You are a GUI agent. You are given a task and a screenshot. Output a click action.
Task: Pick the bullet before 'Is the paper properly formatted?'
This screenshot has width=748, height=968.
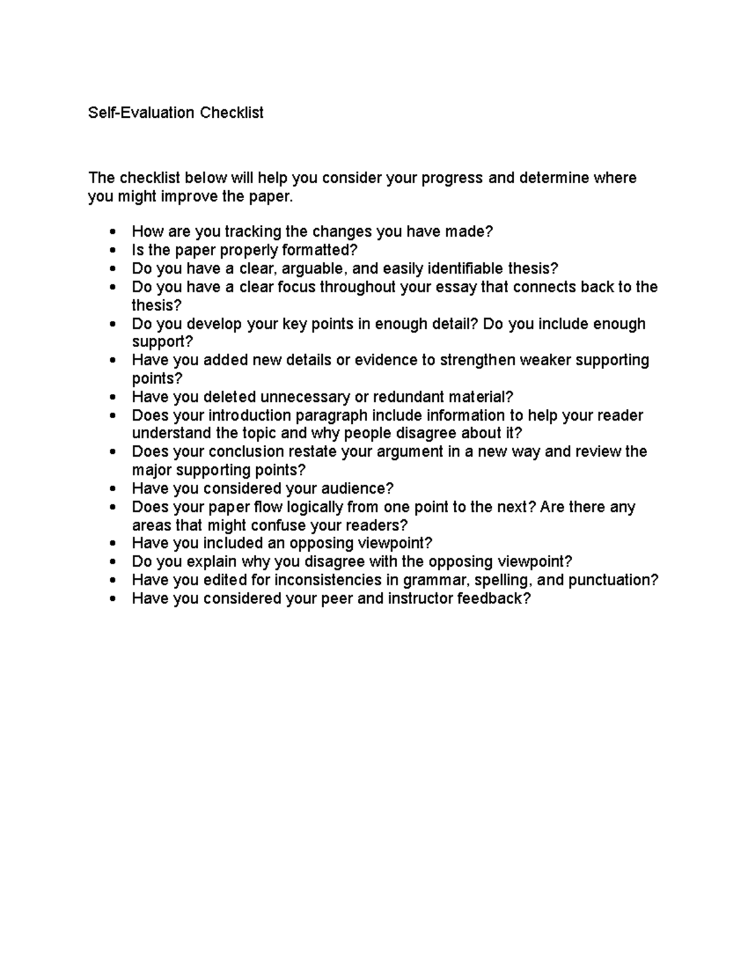[x=112, y=251]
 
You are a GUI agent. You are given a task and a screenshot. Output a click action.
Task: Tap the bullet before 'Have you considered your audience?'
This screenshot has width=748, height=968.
[x=112, y=489]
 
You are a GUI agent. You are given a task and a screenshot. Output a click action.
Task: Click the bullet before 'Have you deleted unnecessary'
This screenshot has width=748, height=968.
[x=112, y=398]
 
